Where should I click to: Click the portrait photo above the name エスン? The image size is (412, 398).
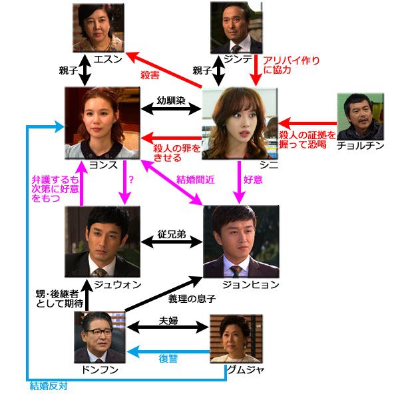98,27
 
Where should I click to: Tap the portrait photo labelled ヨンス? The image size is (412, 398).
101,122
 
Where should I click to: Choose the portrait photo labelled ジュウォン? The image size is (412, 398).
102,241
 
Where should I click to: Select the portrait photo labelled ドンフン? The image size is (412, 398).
99,337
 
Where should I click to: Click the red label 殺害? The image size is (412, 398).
150,75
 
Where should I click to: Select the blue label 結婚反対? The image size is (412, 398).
48,385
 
